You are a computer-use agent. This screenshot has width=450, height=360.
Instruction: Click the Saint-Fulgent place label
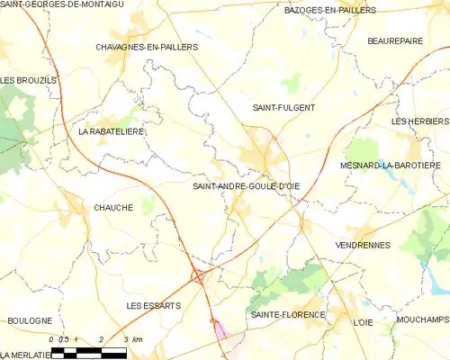click(283, 107)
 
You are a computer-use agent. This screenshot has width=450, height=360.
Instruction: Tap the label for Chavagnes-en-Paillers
click(146, 46)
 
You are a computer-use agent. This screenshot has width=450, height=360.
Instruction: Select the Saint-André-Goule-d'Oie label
click(246, 186)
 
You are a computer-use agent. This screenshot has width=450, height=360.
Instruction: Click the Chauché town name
click(113, 208)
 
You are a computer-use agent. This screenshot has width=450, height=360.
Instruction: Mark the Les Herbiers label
click(420, 121)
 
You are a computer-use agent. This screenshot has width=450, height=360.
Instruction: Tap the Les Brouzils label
click(28, 80)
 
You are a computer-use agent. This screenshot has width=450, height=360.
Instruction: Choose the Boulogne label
click(30, 320)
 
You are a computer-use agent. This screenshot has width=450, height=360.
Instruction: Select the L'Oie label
click(363, 322)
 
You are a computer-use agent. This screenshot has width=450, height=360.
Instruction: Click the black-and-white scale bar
click(90, 351)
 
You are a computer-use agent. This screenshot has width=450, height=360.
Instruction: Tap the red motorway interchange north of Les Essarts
click(197, 277)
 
